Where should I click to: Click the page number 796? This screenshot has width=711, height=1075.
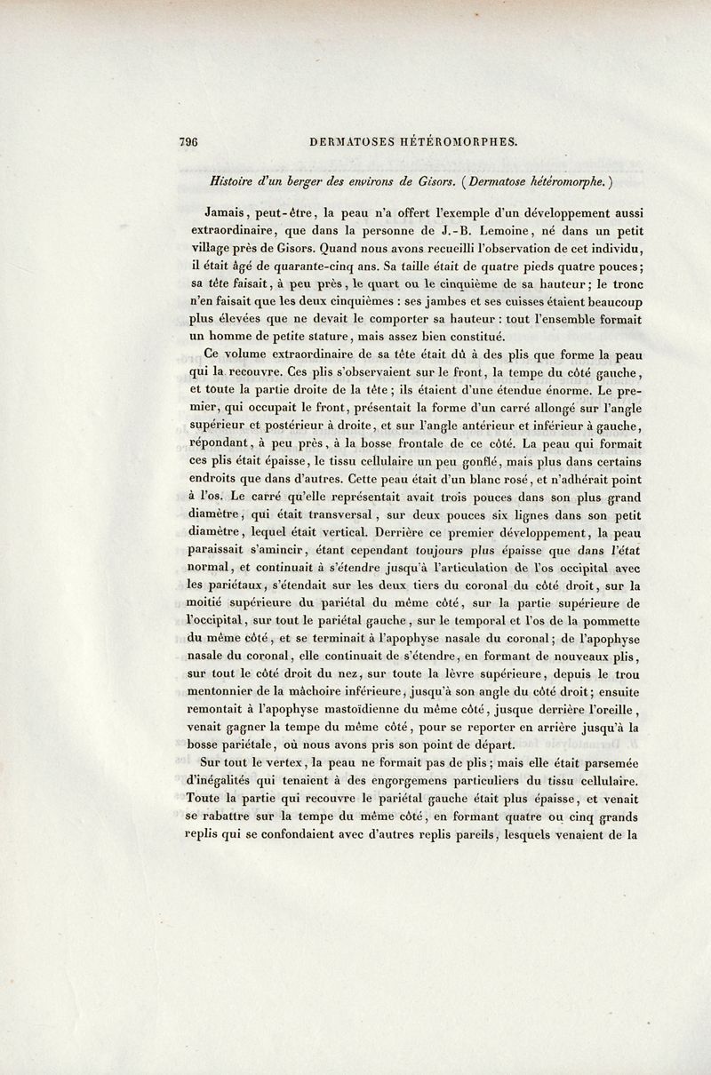[188, 140]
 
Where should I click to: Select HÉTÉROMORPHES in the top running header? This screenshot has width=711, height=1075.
[455, 140]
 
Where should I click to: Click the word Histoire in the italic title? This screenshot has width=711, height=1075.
[234, 180]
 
